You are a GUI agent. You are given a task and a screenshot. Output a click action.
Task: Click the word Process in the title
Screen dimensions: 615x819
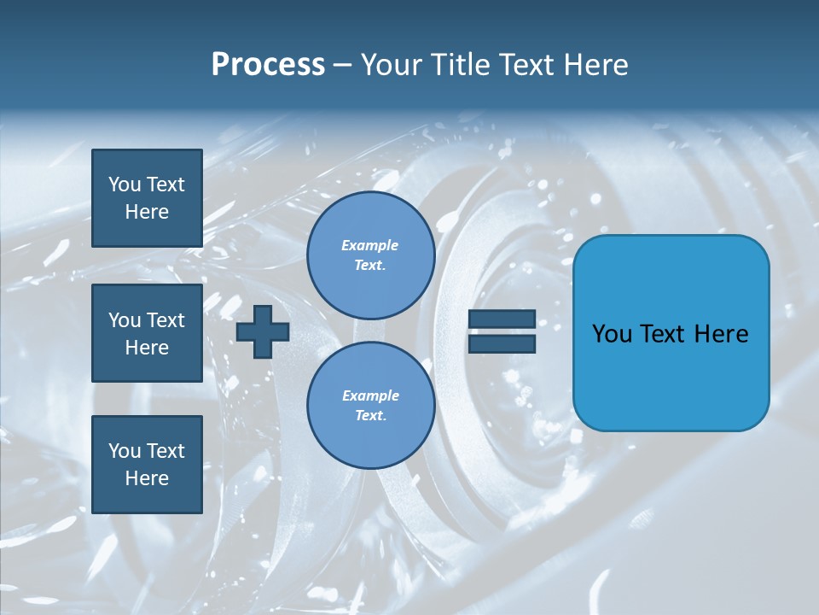[x=268, y=65]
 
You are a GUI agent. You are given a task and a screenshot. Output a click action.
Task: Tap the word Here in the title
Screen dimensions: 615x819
[x=597, y=65]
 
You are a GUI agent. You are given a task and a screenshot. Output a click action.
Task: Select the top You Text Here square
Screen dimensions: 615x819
[x=147, y=198]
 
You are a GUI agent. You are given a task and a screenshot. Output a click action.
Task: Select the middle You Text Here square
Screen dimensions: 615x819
[x=147, y=333]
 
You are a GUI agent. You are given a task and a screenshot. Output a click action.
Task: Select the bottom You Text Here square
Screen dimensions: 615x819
[x=147, y=464]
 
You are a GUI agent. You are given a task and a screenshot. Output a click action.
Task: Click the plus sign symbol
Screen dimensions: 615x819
[x=263, y=331]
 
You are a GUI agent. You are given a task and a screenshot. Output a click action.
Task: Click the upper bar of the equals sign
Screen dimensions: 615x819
[x=502, y=319]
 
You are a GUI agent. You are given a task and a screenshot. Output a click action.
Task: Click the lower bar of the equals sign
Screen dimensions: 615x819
[x=502, y=343]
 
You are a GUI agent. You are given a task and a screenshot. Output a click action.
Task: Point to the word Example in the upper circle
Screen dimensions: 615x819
[x=370, y=245]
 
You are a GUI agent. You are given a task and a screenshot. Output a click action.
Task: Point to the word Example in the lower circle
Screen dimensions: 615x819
[x=370, y=395]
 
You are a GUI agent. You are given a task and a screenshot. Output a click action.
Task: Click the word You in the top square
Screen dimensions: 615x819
[x=125, y=184]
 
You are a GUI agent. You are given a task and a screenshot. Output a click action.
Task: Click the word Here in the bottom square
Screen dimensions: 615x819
[x=147, y=478]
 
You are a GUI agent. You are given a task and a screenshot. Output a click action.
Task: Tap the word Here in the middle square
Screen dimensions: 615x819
[x=147, y=348]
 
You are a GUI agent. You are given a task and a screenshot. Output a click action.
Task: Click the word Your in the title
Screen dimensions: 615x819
[x=393, y=65]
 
